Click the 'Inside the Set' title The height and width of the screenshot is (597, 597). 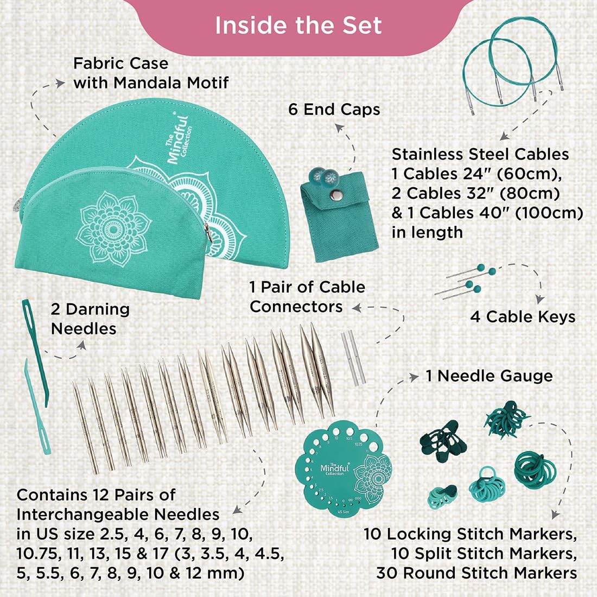(x=298, y=26)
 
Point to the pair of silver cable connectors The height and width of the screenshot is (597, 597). (x=351, y=358)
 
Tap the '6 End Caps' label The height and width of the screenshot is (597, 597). (x=334, y=110)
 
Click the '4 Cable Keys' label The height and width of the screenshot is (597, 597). (x=523, y=317)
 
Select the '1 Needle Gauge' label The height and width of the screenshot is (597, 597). (x=489, y=376)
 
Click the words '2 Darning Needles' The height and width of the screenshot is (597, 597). (x=90, y=319)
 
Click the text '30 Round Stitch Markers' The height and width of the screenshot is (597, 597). (x=477, y=573)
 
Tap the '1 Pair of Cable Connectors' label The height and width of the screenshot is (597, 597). (x=307, y=297)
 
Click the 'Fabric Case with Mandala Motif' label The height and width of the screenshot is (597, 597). (x=150, y=73)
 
